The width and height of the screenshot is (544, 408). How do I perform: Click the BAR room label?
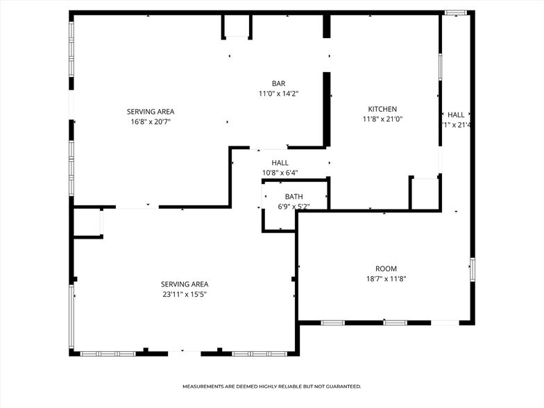pos(278,83)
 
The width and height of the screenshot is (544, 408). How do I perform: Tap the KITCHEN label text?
pos(382,109)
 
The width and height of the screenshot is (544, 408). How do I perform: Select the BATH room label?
pos(294,196)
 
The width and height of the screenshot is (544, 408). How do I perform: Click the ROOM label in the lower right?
pos(386,269)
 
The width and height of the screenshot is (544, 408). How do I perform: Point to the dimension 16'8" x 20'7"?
pos(151,121)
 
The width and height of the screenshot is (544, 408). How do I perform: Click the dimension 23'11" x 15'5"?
pos(185,294)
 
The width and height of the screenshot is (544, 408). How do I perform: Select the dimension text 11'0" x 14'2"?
pos(278,93)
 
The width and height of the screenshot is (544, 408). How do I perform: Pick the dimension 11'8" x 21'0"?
pos(382,119)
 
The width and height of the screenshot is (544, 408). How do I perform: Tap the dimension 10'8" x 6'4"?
pos(280,173)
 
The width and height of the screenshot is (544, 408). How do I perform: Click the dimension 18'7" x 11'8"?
pos(386,278)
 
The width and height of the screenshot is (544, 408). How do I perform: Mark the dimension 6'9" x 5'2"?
pos(294,206)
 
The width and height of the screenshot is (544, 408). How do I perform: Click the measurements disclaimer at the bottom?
pos(272,386)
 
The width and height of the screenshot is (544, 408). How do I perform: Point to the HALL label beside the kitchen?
pos(456,115)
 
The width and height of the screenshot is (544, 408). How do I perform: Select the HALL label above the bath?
pos(280,162)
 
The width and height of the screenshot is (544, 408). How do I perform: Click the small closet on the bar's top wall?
pos(237,26)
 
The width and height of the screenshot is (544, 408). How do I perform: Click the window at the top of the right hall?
pos(456,12)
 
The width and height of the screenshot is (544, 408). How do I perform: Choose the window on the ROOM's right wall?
pos(472,269)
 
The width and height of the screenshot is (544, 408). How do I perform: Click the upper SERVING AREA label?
pos(151,112)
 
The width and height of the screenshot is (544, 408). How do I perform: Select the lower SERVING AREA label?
pos(185,284)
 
